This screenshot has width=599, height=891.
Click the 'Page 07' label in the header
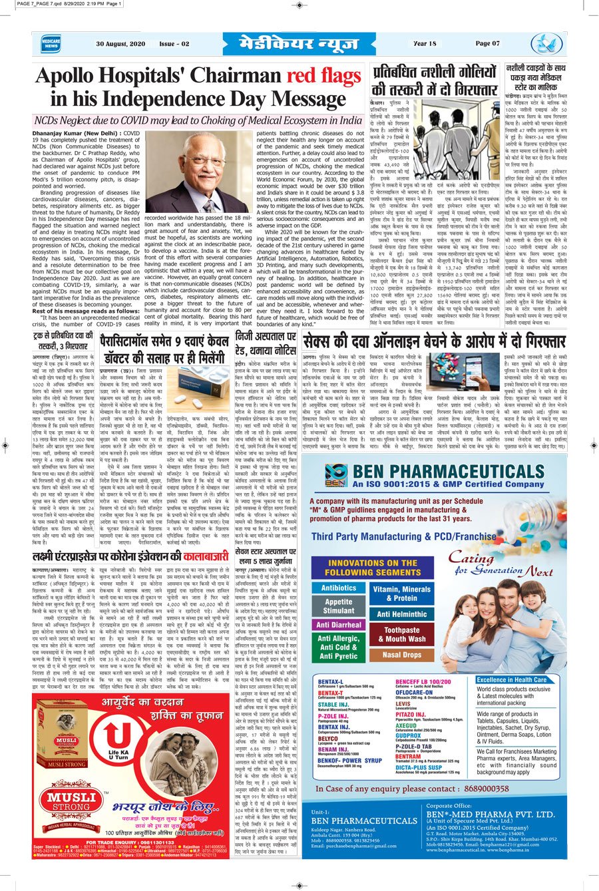[487, 44]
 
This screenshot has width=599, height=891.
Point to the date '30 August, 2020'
[120, 44]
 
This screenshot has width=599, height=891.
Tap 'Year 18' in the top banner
[425, 44]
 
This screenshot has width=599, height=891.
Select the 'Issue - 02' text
[174, 44]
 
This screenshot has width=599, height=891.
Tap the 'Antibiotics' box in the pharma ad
[339, 588]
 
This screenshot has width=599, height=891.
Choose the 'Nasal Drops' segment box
[401, 654]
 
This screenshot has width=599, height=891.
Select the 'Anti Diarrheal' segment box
[339, 625]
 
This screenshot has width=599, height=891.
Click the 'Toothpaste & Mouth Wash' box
[401, 634]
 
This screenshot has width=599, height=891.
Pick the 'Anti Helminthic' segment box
[401, 614]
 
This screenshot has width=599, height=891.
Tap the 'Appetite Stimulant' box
[339, 606]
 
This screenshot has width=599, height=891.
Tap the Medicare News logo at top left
[51, 44]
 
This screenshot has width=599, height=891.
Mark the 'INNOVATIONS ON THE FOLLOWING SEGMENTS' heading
[372, 567]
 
